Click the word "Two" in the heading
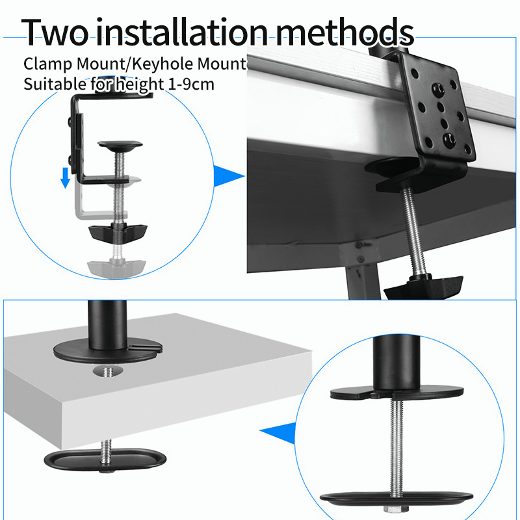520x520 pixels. coord(55,32)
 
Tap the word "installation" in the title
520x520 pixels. coord(182,32)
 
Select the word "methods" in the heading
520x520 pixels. coord(345,32)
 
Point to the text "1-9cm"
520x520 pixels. coord(191,84)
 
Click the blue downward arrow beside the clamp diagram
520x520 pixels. coord(66,177)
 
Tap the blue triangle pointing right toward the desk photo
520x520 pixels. coord(229,176)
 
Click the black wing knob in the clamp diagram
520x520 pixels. coord(118,233)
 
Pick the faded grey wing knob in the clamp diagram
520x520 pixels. coord(116,268)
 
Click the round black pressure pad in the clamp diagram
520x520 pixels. coord(120,146)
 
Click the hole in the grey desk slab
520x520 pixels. coord(108,371)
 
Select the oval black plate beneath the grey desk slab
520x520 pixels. coord(105,460)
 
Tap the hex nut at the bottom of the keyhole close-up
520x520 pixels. coord(396,509)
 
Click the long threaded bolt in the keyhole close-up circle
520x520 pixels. coord(396,448)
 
